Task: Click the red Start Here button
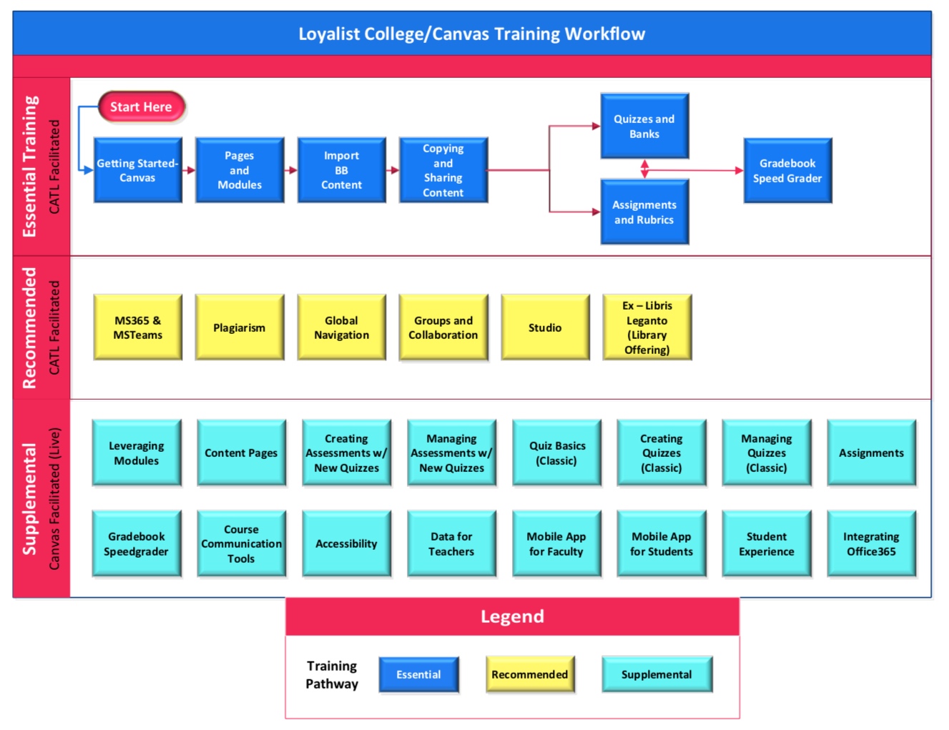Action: pyautogui.click(x=141, y=107)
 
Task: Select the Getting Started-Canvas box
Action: pyautogui.click(x=137, y=170)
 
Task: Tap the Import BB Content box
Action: pyautogui.click(x=341, y=170)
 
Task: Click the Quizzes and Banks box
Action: pyautogui.click(x=644, y=126)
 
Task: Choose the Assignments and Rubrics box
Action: pyautogui.click(x=644, y=212)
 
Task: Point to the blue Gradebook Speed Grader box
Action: pyautogui.click(x=787, y=171)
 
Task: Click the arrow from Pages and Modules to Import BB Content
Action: pyautogui.click(x=290, y=170)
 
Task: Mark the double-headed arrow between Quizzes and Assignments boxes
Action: pyautogui.click(x=644, y=169)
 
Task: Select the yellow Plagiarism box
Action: pyautogui.click(x=239, y=327)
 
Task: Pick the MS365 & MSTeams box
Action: pyautogui.click(x=137, y=327)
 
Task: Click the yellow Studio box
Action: pyautogui.click(x=545, y=327)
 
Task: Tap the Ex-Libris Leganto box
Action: pyautogui.click(x=646, y=327)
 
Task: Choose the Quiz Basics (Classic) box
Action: pyautogui.click(x=556, y=453)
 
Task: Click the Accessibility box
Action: pyautogui.click(x=346, y=543)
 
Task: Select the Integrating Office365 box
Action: pyautogui.click(x=871, y=543)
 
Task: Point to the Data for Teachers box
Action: pyautogui.click(x=451, y=543)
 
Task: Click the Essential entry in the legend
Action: pyautogui.click(x=418, y=674)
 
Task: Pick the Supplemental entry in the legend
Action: pyautogui.click(x=657, y=674)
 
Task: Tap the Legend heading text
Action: pyautogui.click(x=512, y=616)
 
